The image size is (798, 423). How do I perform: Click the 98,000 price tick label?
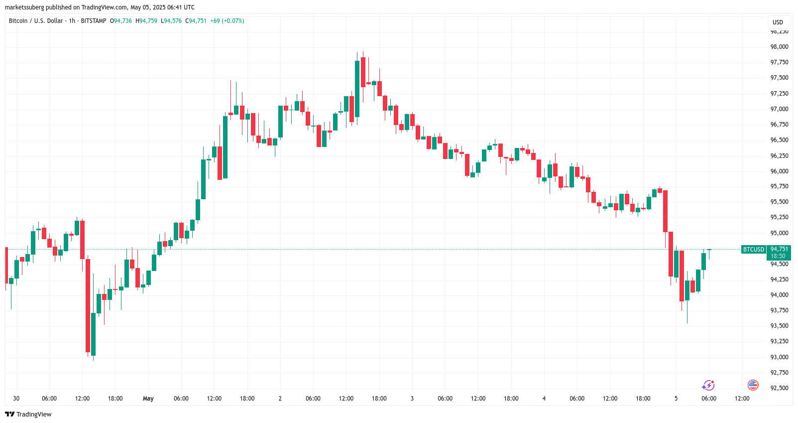tap(779, 47)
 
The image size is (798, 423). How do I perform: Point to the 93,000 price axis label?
tap(779, 357)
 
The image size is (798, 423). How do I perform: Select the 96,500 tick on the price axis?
tap(779, 140)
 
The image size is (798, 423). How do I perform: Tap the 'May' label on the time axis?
tap(148, 399)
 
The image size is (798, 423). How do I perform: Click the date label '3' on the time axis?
tap(412, 399)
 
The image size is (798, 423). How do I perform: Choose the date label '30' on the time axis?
tap(16, 399)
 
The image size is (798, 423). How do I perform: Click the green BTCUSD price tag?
tap(753, 250)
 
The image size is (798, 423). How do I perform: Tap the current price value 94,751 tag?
tap(779, 249)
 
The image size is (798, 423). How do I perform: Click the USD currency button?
tap(778, 22)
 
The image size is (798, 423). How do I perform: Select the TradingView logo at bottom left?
tap(28, 415)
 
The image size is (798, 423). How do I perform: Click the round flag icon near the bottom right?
tap(753, 385)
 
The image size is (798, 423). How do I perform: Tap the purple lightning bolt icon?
tap(708, 386)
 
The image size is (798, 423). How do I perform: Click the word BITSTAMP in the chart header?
tap(94, 21)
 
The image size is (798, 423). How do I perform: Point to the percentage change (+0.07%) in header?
tap(233, 21)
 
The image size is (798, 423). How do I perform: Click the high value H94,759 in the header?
tap(146, 21)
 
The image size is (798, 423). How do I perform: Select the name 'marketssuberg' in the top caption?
tap(24, 7)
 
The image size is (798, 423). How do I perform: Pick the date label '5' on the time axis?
tap(676, 399)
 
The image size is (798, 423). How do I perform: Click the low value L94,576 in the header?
tap(171, 21)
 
